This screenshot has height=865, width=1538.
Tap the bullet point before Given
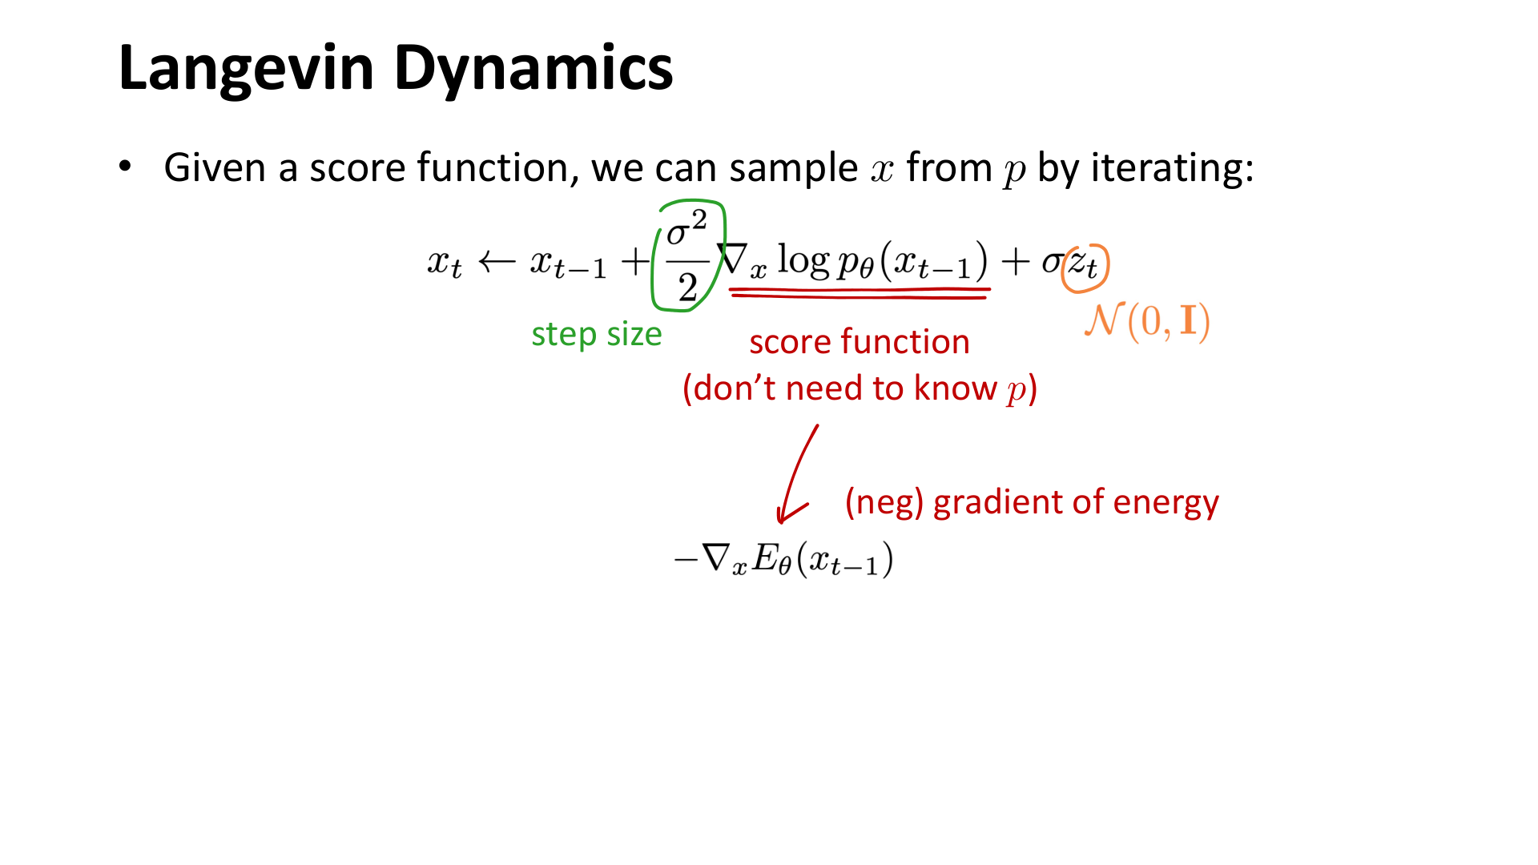point(125,167)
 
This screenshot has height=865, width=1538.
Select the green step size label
point(596,334)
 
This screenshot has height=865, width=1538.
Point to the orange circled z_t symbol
point(1085,264)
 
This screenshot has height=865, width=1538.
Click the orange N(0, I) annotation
point(1147,321)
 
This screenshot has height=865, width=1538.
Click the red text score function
point(859,342)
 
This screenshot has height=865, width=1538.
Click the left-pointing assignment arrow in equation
point(497,262)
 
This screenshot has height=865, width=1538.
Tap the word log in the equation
point(803,260)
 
